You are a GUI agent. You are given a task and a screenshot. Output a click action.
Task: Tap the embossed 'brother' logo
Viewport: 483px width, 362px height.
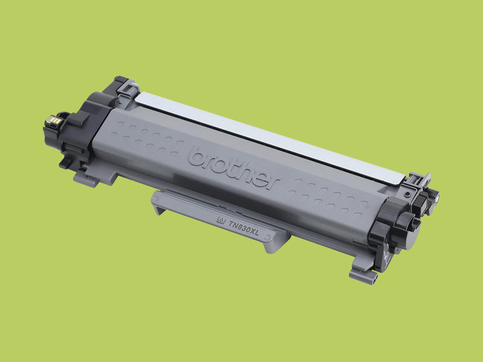pos(234,168)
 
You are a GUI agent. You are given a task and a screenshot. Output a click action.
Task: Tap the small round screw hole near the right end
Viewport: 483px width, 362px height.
pos(408,194)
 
